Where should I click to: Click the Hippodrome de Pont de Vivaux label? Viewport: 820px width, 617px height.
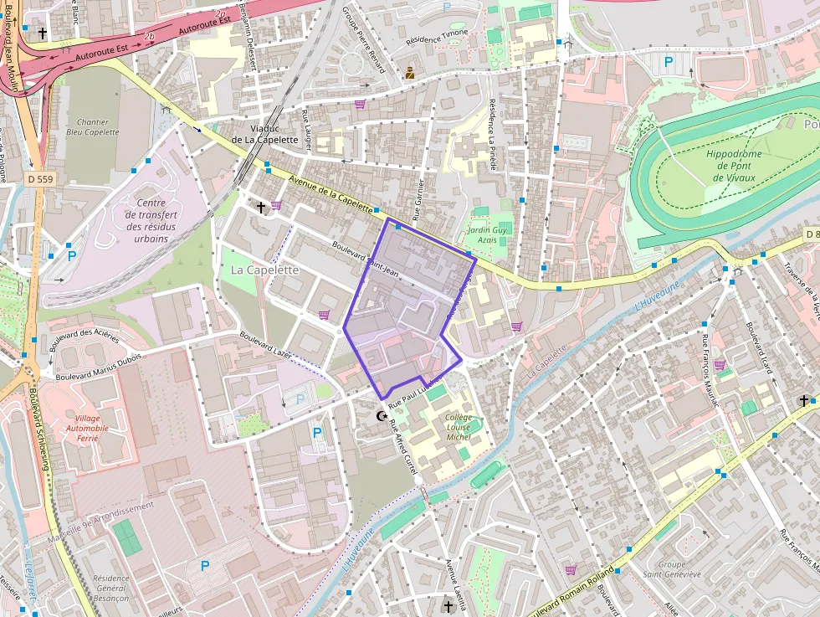click(x=733, y=166)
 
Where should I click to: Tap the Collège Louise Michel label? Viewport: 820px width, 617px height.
click(x=459, y=428)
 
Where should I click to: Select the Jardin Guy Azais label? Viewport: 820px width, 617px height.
click(x=487, y=234)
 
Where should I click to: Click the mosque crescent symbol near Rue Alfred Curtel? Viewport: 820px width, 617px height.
click(x=383, y=416)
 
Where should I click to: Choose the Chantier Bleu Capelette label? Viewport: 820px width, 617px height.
click(x=93, y=127)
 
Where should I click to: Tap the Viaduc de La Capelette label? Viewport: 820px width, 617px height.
click(x=264, y=134)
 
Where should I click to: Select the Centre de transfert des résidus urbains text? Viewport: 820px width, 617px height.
click(x=151, y=220)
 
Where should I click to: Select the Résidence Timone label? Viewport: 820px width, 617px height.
click(x=437, y=37)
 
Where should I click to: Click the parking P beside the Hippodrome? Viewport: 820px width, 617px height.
click(x=669, y=61)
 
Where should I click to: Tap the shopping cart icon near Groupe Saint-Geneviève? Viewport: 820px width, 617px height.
click(x=571, y=569)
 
